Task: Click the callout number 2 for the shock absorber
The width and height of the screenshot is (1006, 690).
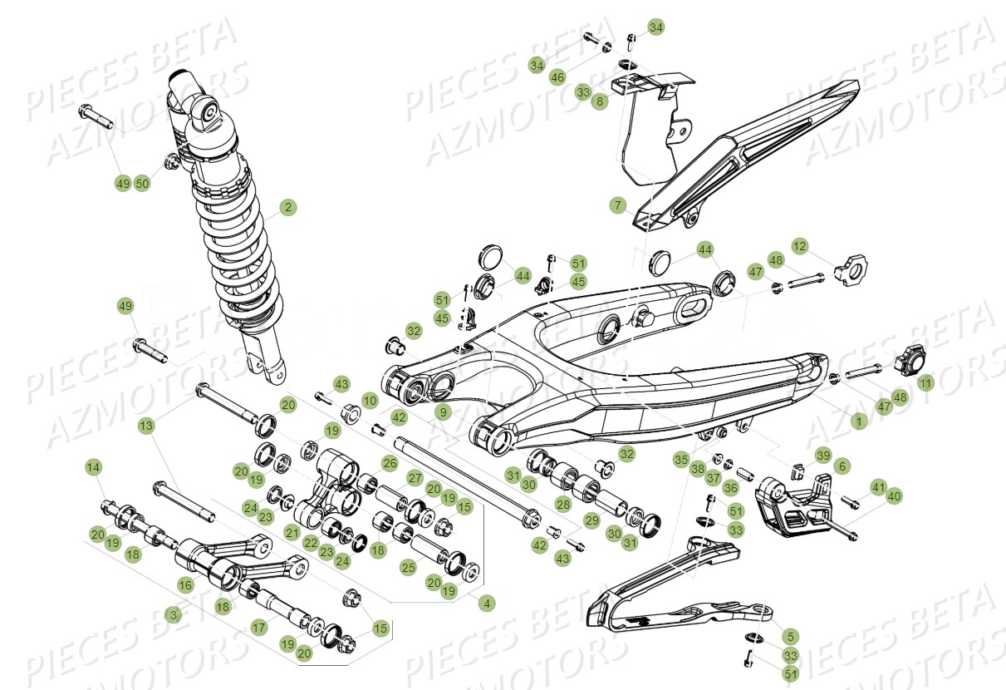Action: point(287,207)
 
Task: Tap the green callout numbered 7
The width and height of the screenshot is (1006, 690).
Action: point(616,205)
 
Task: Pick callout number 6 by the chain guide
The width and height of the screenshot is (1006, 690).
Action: point(842,466)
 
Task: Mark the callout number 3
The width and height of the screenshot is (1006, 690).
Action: point(172,615)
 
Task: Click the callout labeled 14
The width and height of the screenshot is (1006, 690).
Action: point(94,468)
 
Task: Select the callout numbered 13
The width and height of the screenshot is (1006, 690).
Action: point(146,426)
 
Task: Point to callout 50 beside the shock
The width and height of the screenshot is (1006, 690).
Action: point(143,184)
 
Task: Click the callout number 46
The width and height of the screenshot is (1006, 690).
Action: point(557,77)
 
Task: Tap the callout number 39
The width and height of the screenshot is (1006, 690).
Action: point(822,455)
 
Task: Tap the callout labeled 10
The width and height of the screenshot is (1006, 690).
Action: point(370,401)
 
